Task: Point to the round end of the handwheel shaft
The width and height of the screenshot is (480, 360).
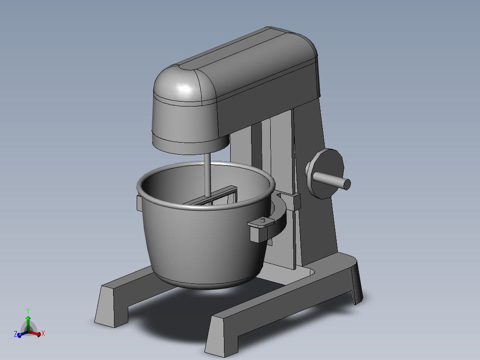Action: pyautogui.click(x=347, y=184)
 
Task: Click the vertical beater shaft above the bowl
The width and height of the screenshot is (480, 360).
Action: pyautogui.click(x=207, y=174)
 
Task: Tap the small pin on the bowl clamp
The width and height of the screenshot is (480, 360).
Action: pyautogui.click(x=263, y=220)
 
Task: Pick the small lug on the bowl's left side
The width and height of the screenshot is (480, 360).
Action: pyautogui.click(x=138, y=203)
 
